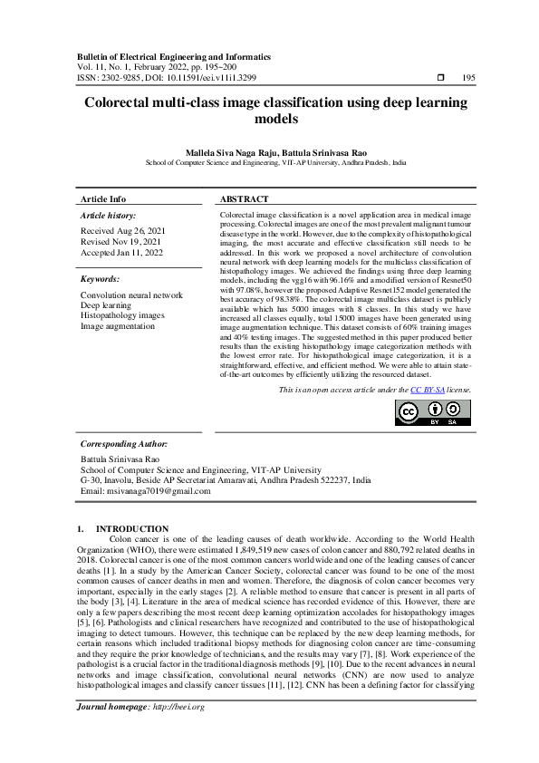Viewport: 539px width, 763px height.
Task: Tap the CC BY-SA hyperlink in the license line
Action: click(427, 389)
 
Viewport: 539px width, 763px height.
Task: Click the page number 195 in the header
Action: click(468, 78)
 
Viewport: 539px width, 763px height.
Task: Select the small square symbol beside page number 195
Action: click(440, 78)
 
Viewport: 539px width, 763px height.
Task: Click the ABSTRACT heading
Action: click(245, 199)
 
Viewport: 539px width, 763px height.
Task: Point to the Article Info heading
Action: click(103, 199)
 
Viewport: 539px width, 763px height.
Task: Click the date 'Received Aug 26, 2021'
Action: click(122, 232)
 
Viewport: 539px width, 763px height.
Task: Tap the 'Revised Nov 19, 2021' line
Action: click(121, 242)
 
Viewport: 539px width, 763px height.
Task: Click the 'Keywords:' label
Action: click(100, 280)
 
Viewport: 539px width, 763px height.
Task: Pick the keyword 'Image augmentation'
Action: click(118, 325)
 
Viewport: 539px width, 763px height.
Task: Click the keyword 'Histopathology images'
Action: click(122, 315)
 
